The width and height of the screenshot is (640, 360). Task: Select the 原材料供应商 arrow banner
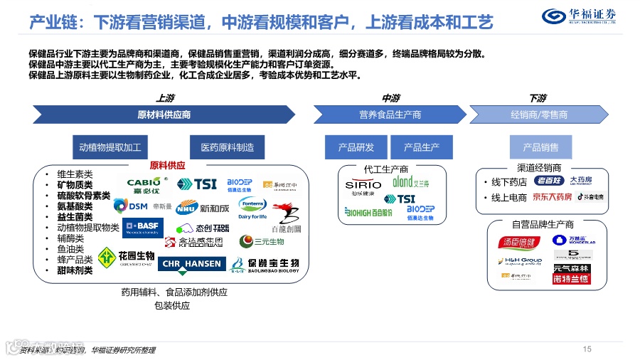click(164, 115)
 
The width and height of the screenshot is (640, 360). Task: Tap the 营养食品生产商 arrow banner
click(390, 115)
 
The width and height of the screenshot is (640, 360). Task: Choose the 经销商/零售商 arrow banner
click(538, 115)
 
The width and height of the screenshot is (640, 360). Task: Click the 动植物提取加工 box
click(110, 147)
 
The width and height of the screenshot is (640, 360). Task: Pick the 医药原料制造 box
click(227, 147)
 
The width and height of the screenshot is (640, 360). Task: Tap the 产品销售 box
click(540, 147)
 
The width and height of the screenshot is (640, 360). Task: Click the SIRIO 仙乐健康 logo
click(363, 188)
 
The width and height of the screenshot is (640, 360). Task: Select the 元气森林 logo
click(571, 269)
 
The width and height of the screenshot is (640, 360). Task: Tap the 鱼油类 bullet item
click(70, 249)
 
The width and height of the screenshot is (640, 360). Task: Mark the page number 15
click(587, 349)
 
